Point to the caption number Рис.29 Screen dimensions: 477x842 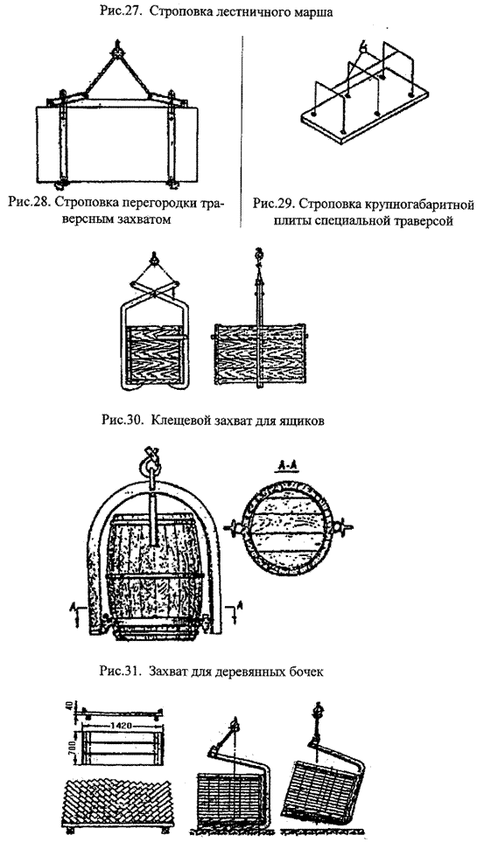click(x=272, y=205)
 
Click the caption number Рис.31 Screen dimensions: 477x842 click(x=119, y=672)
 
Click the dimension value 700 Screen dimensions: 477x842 click(x=75, y=747)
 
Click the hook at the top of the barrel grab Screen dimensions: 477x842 click(x=149, y=457)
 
